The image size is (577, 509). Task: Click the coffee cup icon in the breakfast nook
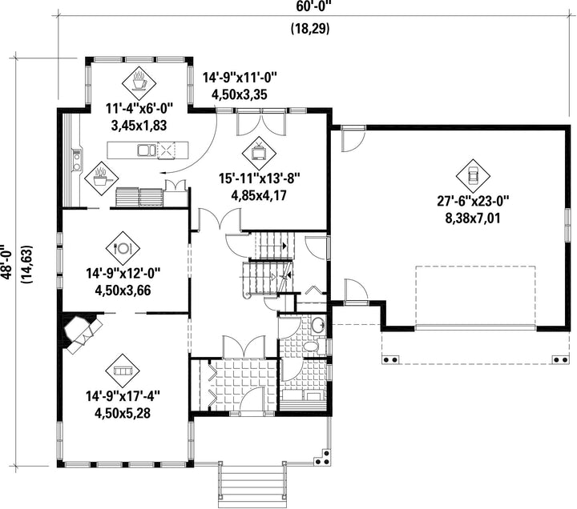[139, 81]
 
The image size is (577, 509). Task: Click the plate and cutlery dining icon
[123, 248]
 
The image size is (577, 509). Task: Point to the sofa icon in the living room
[123, 371]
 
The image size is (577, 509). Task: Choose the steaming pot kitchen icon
[101, 178]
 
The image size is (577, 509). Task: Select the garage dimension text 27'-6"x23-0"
[473, 202]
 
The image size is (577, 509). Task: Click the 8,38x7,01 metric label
[473, 218]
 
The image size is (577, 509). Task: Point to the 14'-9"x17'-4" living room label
[123, 396]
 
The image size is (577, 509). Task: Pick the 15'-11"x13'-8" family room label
[259, 178]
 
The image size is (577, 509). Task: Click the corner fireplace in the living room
[82, 331]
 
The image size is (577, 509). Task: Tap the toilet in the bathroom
[311, 347]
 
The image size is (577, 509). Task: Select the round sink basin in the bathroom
[318, 325]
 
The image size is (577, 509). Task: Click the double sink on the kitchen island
[147, 150]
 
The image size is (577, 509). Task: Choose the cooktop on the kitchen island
[167, 150]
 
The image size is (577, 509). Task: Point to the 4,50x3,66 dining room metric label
[123, 291]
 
